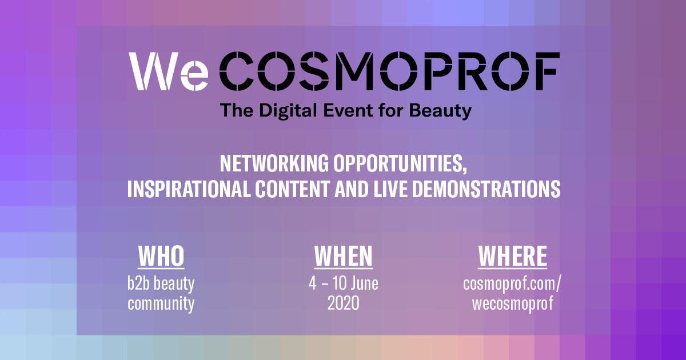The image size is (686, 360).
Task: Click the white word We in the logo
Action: click(169, 71)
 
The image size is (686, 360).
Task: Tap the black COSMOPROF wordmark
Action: click(389, 71)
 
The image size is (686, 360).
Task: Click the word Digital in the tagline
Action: click(288, 110)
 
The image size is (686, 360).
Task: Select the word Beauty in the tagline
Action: click(440, 111)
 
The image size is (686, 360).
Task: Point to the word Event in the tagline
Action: click(348, 110)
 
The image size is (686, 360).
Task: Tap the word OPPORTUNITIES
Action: click(400, 164)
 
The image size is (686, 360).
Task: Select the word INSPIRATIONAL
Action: click(189, 189)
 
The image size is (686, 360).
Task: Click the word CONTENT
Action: click(292, 189)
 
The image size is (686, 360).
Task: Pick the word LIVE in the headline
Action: click(390, 189)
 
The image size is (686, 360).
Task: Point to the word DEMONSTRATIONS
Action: click(486, 189)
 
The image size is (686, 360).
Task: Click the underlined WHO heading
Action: click(161, 257)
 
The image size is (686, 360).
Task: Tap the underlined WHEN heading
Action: click(344, 257)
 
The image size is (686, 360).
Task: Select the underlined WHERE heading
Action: click(513, 257)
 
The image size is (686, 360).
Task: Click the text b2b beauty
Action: click(161, 285)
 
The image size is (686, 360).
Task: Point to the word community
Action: click(161, 304)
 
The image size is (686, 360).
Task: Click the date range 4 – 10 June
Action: click(344, 283)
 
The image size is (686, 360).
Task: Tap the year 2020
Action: click(344, 303)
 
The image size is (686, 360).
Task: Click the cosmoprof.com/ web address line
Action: click(512, 285)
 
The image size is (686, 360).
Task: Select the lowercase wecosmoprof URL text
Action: click(513, 304)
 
